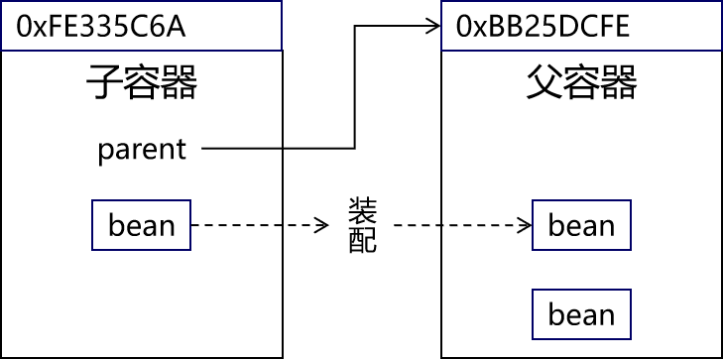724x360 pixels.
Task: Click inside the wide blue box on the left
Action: click(x=141, y=25)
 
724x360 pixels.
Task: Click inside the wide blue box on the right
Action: click(x=581, y=25)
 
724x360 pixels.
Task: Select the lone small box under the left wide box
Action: click(x=141, y=225)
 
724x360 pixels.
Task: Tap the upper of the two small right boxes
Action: click(x=581, y=225)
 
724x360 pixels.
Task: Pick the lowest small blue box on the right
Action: click(x=581, y=314)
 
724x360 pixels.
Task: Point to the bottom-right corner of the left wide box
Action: click(x=282, y=50)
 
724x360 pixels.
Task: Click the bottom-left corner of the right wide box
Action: click(x=441, y=50)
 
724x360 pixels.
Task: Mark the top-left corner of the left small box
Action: click(x=92, y=200)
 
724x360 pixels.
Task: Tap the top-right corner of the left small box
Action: click(x=190, y=200)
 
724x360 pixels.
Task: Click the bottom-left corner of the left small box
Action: click(x=92, y=250)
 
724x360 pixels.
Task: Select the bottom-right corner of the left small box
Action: click(x=190, y=250)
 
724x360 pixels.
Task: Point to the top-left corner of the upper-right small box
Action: click(x=533, y=200)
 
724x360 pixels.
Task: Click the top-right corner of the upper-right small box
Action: click(x=631, y=200)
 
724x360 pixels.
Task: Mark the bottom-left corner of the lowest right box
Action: click(x=533, y=339)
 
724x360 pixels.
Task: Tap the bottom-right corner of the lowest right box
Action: click(x=631, y=339)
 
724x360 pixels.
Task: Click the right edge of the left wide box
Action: click(x=282, y=25)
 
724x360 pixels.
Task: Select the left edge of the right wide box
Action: click(x=441, y=25)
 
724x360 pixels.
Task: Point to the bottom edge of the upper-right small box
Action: click(x=581, y=250)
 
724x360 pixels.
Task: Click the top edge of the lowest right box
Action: click(x=581, y=290)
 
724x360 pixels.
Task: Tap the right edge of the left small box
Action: click(x=190, y=225)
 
